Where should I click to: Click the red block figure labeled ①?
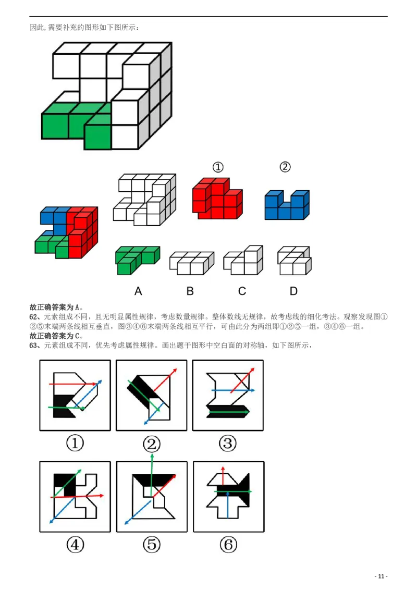tap(217, 199)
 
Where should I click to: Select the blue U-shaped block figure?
tap(287, 205)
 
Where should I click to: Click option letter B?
tap(190, 291)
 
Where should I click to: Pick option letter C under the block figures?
tap(242, 291)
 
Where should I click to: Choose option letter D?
tap(293, 291)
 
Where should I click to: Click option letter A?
tap(138, 291)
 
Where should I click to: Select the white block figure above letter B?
tap(191, 262)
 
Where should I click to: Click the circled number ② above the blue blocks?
tap(285, 167)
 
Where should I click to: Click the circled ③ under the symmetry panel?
tap(227, 444)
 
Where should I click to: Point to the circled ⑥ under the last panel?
tap(228, 545)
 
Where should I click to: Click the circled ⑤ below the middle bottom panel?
tap(151, 545)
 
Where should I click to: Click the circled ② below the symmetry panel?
tap(151, 444)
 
